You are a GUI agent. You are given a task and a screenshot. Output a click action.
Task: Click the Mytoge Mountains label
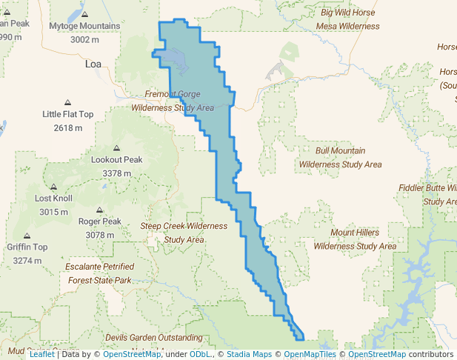pyautogui.click(x=84, y=27)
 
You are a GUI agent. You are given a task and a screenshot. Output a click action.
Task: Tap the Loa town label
pyautogui.click(x=93, y=64)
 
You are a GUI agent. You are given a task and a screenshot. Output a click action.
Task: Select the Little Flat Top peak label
pyautogui.click(x=68, y=114)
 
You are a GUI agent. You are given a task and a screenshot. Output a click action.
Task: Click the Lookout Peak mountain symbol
pyautogui.click(x=116, y=148)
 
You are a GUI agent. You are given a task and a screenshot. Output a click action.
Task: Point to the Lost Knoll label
pyautogui.click(x=53, y=199)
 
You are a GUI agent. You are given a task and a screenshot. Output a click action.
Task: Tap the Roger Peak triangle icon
pyautogui.click(x=100, y=210)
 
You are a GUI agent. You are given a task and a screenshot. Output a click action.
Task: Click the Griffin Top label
pyautogui.click(x=27, y=247)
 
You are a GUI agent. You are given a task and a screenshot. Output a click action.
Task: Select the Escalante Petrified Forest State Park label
pyautogui.click(x=99, y=273)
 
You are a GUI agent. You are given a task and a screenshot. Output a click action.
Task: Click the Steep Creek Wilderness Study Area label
pyautogui.click(x=184, y=232)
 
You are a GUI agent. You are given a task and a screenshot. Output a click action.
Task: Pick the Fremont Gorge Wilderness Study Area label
pyautogui.click(x=173, y=101)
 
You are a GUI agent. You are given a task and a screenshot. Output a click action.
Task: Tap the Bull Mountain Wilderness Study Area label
pyautogui.click(x=341, y=157)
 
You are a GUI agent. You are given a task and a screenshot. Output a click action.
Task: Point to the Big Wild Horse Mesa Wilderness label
pyautogui.click(x=347, y=19)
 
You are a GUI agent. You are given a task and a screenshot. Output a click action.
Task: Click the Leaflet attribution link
pyautogui.click(x=41, y=354)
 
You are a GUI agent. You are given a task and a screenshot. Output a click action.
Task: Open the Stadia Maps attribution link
pyautogui.click(x=244, y=354)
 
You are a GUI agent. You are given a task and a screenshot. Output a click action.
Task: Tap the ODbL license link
pyautogui.click(x=200, y=354)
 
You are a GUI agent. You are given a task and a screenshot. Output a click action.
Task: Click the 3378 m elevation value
pyautogui.click(x=116, y=173)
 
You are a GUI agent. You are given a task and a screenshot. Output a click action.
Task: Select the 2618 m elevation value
pyautogui.click(x=68, y=127)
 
